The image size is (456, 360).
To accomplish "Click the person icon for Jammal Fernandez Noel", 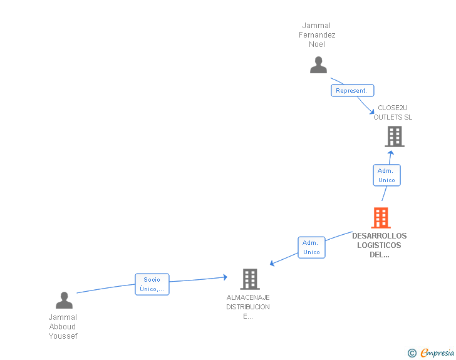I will [318, 65].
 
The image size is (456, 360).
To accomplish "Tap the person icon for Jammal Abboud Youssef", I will [64, 301].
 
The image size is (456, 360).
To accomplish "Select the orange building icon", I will [380, 218].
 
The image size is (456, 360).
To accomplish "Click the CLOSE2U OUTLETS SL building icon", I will [394, 136].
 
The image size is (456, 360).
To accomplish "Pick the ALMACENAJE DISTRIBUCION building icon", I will [249, 279].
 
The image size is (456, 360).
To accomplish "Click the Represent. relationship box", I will [352, 91].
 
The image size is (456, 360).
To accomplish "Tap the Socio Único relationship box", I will [152, 284].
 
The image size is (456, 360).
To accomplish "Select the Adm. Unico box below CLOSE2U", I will [386, 175].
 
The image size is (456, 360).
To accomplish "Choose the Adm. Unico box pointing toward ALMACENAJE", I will [311, 247].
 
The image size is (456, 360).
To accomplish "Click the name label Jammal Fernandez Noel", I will [317, 35].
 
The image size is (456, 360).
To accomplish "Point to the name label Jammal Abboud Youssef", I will [63, 326].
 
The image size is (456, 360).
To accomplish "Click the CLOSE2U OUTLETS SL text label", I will [393, 112].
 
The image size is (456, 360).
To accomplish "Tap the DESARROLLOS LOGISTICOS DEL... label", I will [379, 245].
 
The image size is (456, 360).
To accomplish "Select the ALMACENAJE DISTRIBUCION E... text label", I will [248, 307].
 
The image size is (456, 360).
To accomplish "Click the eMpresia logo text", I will [437, 353].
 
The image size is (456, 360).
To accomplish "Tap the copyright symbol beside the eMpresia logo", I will [412, 353].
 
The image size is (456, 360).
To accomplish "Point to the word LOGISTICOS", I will [379, 245].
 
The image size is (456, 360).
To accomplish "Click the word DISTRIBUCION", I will [248, 307].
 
